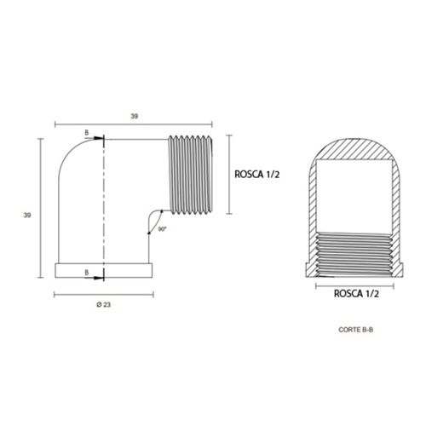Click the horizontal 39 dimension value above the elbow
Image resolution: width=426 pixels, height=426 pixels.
pyautogui.click(x=134, y=116)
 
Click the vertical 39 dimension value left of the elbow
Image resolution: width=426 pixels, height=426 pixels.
pyautogui.click(x=27, y=216)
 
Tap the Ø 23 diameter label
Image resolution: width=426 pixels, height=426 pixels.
pyautogui.click(x=104, y=305)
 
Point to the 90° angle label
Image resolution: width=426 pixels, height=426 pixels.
pyautogui.click(x=162, y=229)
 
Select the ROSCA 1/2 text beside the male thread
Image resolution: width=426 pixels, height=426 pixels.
pyautogui.click(x=257, y=175)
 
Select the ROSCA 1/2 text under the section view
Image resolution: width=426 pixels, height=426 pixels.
pyautogui.click(x=356, y=294)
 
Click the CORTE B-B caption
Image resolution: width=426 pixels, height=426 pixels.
pyautogui.click(x=356, y=330)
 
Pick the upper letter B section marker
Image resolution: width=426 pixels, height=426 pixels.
pyautogui.click(x=87, y=133)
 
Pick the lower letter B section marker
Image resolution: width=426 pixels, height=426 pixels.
pyautogui.click(x=87, y=273)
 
